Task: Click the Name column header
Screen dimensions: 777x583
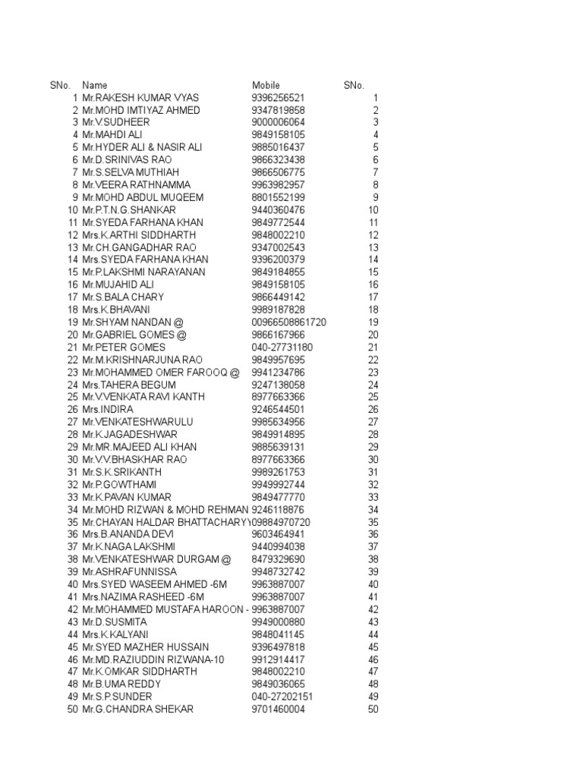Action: coord(95,86)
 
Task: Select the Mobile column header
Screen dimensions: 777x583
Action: coord(266,86)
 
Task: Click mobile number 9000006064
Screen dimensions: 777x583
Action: coord(278,123)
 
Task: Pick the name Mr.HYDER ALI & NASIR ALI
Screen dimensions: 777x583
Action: coord(143,147)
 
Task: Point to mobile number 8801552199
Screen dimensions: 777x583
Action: coord(278,197)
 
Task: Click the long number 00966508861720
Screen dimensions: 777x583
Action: coord(288,322)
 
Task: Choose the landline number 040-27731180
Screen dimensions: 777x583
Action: coord(282,347)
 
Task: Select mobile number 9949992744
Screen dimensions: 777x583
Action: coord(278,484)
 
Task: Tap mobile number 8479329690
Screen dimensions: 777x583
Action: coord(278,559)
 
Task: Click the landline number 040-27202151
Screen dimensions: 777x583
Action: coord(282,697)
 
